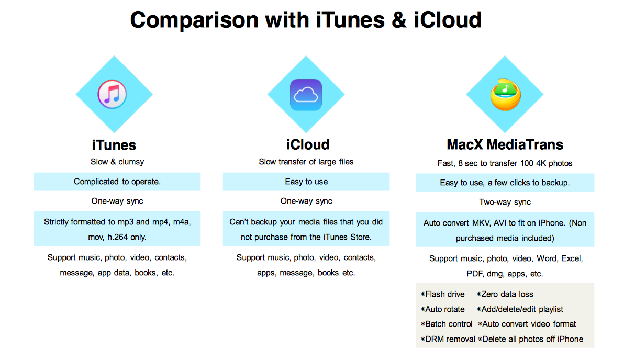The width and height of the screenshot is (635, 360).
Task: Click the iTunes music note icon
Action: (x=112, y=94)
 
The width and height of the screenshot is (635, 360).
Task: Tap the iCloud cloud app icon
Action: (x=306, y=95)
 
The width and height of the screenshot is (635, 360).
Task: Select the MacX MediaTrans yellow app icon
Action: (x=506, y=95)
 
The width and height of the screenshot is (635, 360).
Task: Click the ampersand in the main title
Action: (x=399, y=20)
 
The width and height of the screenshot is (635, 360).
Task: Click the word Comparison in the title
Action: (x=194, y=20)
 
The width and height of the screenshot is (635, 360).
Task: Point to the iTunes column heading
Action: (x=114, y=145)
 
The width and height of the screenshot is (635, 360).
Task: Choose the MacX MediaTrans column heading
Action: (x=505, y=144)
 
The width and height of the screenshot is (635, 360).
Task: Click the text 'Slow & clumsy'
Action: (x=117, y=162)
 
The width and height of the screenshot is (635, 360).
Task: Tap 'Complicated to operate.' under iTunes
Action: (x=117, y=182)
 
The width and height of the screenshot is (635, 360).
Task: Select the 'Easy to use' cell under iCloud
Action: (x=306, y=182)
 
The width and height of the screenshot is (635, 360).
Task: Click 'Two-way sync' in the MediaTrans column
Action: (x=505, y=202)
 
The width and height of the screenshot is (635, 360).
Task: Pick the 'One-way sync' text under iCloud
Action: (x=306, y=201)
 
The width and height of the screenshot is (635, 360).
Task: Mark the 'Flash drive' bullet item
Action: (x=443, y=294)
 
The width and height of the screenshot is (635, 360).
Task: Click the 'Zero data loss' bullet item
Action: (x=505, y=294)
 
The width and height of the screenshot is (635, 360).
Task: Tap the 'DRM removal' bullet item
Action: (x=448, y=339)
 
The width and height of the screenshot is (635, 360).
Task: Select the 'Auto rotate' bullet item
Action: (x=443, y=309)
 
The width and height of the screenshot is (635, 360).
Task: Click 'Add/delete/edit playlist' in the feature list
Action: (x=520, y=309)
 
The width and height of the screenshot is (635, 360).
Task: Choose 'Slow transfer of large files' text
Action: (x=306, y=162)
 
